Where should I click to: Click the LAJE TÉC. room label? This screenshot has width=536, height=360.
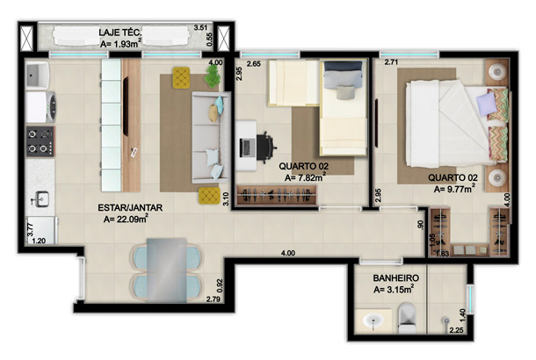(120, 32)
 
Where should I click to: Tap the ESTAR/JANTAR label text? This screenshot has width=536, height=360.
(130, 208)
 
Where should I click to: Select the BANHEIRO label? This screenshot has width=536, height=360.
(395, 278)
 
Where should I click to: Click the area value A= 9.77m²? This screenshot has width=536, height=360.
(454, 189)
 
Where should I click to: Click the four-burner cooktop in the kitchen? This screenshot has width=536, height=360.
(40, 141)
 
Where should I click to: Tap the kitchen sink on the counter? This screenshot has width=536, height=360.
(40, 198)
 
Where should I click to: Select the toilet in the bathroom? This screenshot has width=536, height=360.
(407, 318)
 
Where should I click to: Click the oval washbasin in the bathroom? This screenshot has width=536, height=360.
(373, 321)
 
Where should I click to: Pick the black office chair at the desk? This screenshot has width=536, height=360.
(265, 147)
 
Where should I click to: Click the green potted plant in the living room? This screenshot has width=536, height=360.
(213, 76)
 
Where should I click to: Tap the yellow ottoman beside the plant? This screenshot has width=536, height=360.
(181, 77)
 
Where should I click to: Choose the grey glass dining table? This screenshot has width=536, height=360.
(167, 270)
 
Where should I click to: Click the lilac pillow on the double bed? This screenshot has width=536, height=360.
(486, 104)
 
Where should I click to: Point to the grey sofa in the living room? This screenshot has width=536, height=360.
(211, 137)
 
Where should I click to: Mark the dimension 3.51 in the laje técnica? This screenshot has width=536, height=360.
(200, 28)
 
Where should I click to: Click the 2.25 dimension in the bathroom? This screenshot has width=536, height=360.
(456, 330)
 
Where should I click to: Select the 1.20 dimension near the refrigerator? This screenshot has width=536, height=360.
(39, 241)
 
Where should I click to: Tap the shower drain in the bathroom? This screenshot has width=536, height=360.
(445, 320)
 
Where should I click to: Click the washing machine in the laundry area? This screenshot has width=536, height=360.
(40, 107)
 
